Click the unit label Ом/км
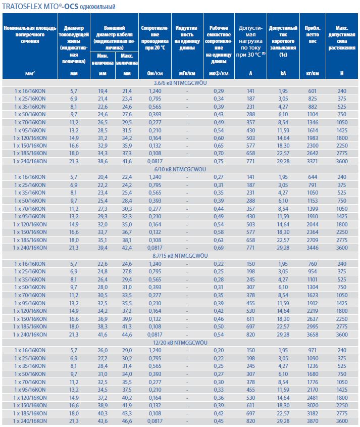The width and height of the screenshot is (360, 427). [x=154, y=74]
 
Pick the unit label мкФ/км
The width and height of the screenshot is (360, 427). [x=219, y=74]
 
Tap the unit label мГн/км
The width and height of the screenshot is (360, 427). [x=186, y=74]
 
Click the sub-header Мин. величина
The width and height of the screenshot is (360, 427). [x=102, y=59]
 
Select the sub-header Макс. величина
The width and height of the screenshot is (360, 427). [x=127, y=59]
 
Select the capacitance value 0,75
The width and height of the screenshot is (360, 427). [x=219, y=160]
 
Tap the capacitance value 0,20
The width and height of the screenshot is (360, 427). [x=219, y=350]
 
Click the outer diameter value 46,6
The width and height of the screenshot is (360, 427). [x=127, y=421]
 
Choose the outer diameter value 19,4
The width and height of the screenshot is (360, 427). [x=102, y=90]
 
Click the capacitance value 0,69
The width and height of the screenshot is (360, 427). [x=219, y=248]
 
